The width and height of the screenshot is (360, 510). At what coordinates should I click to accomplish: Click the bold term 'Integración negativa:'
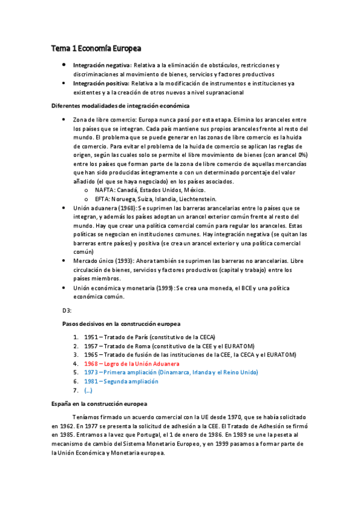101,64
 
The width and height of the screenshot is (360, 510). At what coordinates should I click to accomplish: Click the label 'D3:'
67,310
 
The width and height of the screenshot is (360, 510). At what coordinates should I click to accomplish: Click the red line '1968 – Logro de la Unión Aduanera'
132,364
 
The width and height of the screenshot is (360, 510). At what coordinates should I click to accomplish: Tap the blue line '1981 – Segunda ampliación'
121,381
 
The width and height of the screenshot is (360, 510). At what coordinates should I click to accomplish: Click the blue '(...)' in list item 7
88,390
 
